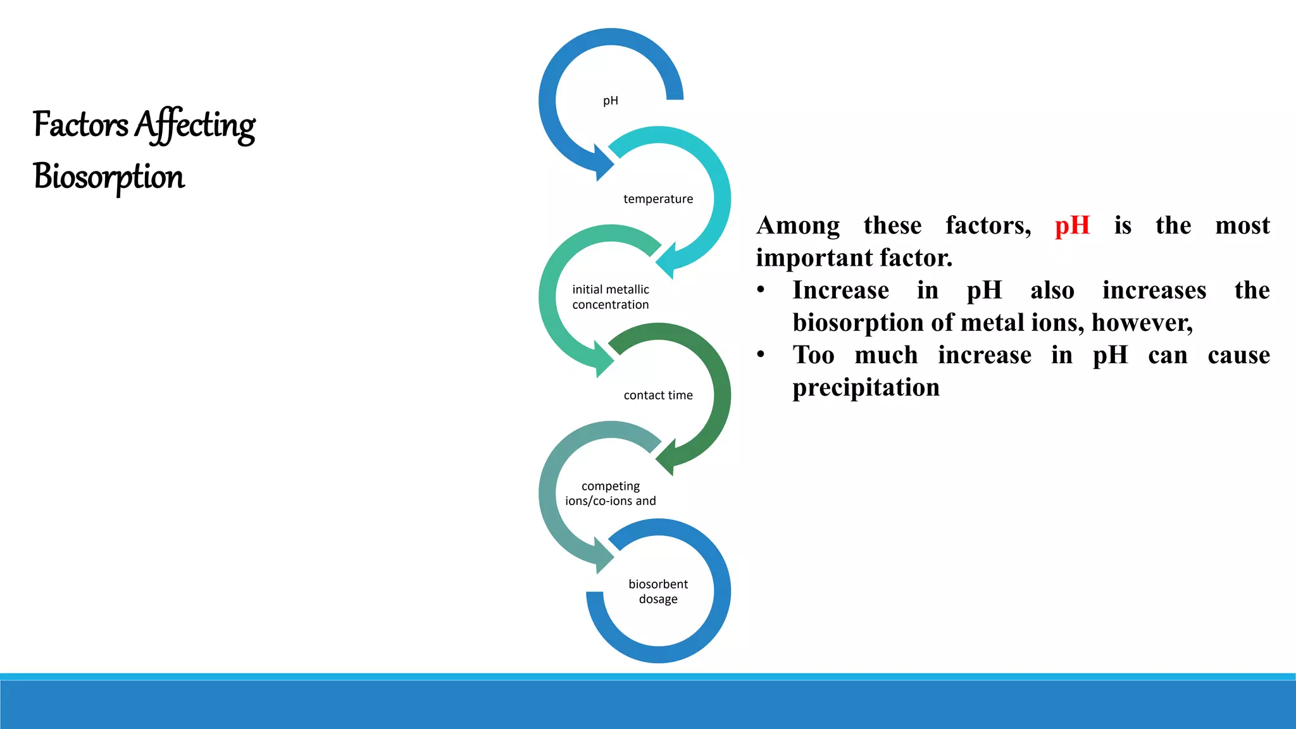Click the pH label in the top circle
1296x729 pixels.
[x=610, y=101]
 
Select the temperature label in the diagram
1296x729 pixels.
[x=658, y=199]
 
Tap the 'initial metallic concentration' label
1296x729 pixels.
[x=611, y=297]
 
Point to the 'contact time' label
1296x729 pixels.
[x=658, y=396]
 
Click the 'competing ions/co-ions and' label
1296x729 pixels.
[x=611, y=494]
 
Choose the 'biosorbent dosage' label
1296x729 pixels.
[x=658, y=592]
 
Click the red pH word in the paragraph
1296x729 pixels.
[x=1072, y=226]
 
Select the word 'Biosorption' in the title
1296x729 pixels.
[x=109, y=177]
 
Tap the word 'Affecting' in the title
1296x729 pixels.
[x=195, y=125]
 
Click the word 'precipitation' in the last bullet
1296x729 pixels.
[x=866, y=388]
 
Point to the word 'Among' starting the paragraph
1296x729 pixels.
[x=798, y=226]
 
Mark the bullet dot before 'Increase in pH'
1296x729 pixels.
[x=761, y=290]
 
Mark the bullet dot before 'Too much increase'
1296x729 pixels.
[x=761, y=355]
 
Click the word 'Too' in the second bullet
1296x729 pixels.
[x=814, y=356]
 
